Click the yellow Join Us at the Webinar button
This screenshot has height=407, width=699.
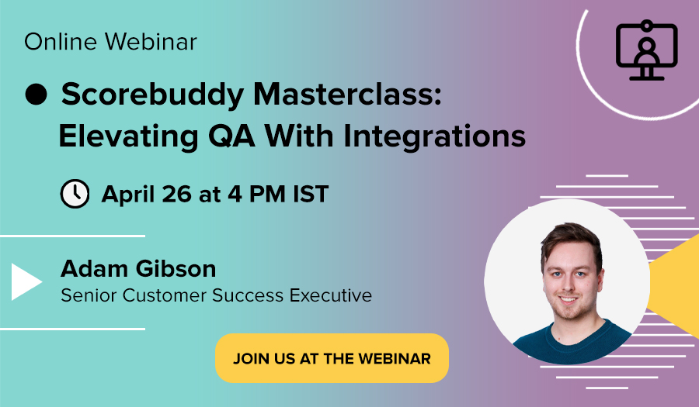point(332,358)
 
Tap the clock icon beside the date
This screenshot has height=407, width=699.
point(75,194)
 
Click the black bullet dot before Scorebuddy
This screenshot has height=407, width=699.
point(36,95)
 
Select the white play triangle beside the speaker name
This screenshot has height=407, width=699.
point(26,281)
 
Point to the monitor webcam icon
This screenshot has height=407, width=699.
point(646,50)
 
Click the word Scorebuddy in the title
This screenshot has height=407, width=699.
point(152,95)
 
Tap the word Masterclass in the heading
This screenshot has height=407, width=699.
point(347,94)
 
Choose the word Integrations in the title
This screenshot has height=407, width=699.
point(435,136)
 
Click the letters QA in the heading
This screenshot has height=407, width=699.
point(231,136)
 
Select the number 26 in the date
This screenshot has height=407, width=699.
point(177,194)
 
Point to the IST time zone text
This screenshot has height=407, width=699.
point(311,194)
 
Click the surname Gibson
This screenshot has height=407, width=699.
point(176,269)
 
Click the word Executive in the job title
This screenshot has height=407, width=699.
point(330,295)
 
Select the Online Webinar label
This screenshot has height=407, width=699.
point(110,42)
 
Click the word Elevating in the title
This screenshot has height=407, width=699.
point(128,136)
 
